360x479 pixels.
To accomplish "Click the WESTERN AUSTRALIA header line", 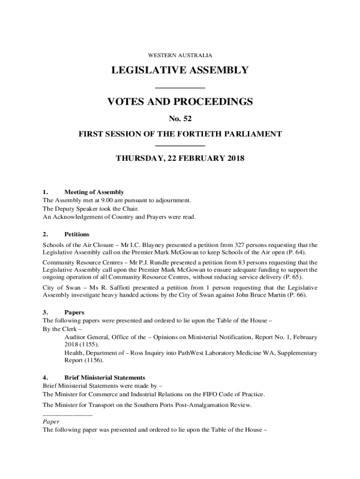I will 180,55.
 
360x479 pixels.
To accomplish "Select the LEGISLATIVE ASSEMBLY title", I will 180,71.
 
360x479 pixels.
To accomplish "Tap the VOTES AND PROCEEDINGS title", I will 180,102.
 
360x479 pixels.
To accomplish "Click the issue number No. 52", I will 180,119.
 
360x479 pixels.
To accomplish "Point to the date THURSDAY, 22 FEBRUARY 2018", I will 180,159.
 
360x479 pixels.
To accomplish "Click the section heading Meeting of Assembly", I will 94,192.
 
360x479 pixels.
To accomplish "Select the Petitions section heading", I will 77,234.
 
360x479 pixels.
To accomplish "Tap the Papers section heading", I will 74,312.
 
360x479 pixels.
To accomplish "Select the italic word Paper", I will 51,421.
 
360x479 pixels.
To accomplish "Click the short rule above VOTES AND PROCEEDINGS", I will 180,88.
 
